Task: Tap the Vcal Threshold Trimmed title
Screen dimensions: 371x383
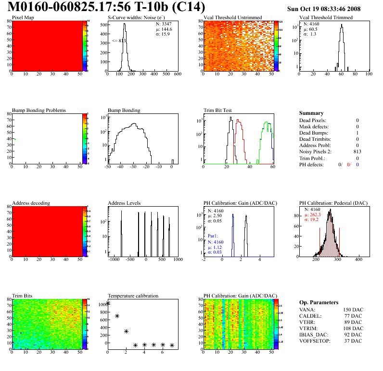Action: tap(326, 17)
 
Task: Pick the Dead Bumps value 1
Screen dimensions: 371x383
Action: tap(357, 133)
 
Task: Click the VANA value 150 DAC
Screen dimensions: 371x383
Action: tap(351, 310)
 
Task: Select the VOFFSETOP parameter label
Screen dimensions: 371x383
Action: tap(315, 341)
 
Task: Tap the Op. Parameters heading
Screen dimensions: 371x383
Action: tap(319, 302)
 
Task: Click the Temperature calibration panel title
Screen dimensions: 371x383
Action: tap(133, 296)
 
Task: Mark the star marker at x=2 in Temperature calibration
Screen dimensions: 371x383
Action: tap(126, 331)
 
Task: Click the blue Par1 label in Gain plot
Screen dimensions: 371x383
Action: tap(213, 236)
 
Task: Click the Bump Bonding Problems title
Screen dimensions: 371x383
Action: tap(39, 110)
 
